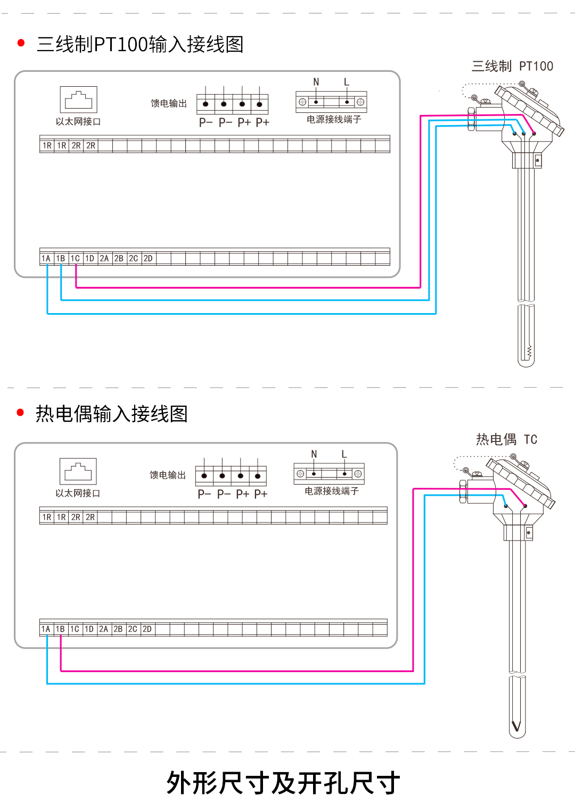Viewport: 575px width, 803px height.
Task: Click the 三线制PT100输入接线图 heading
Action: (139, 44)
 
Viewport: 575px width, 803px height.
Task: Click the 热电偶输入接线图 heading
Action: (111, 414)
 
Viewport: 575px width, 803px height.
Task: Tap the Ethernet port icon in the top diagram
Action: (78, 100)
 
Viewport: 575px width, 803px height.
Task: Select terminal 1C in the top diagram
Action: (75, 258)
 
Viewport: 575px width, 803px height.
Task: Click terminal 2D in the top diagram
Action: (148, 258)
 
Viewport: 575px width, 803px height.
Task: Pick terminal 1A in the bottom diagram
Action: (46, 629)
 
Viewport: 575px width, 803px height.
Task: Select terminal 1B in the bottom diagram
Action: (60, 629)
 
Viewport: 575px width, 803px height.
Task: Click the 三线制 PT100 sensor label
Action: (512, 66)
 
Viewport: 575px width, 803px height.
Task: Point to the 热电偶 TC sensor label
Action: (506, 439)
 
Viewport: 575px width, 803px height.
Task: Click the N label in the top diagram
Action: (316, 82)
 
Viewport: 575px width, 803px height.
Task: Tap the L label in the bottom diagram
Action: (344, 454)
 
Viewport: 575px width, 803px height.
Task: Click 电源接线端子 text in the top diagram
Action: (334, 119)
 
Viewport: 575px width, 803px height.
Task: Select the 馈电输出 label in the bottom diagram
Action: (168, 475)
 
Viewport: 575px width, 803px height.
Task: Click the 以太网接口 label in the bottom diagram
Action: (78, 493)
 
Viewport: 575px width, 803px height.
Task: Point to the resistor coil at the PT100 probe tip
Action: (529, 351)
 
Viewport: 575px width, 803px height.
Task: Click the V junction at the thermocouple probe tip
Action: (515, 726)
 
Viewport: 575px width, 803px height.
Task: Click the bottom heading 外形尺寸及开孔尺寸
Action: (283, 783)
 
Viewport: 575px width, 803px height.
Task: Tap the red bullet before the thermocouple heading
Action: (21, 412)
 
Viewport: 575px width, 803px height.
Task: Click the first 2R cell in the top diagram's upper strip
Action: (76, 145)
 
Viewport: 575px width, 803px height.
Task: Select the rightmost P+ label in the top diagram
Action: (262, 122)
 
